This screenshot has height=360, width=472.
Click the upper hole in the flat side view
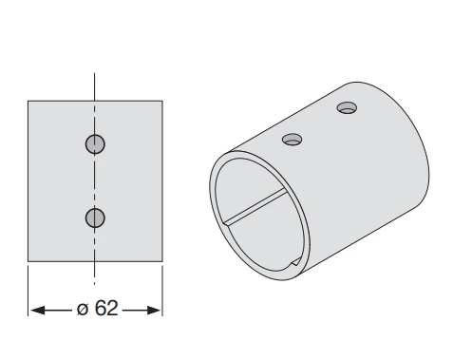pyautogui.click(x=95, y=144)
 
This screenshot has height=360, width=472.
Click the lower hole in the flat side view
pyautogui.click(x=95, y=218)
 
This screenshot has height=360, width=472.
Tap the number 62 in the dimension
pyautogui.click(x=106, y=308)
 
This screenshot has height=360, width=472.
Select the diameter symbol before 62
pyautogui.click(x=83, y=309)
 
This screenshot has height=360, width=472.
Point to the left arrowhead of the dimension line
pyautogui.click(x=37, y=311)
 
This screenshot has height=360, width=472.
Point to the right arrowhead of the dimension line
pyautogui.click(x=154, y=311)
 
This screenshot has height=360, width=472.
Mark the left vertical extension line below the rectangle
pyautogui.click(x=28, y=291)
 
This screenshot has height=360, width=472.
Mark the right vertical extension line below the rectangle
pyautogui.click(x=162, y=291)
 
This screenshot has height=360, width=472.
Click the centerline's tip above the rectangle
pyautogui.click(x=94, y=73)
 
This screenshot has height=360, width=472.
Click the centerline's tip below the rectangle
pyautogui.click(x=94, y=284)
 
